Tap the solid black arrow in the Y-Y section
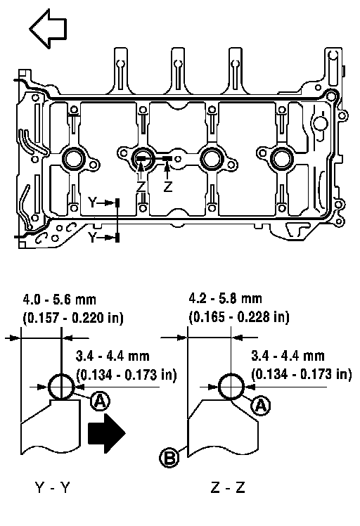[106, 432]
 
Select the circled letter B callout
[169, 458]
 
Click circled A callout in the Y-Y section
[101, 401]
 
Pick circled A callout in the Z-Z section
[261, 406]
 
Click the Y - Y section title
[52, 487]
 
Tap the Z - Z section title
[228, 487]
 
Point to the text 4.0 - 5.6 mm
[59, 299]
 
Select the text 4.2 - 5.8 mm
[225, 298]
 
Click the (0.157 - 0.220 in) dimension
[73, 317]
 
